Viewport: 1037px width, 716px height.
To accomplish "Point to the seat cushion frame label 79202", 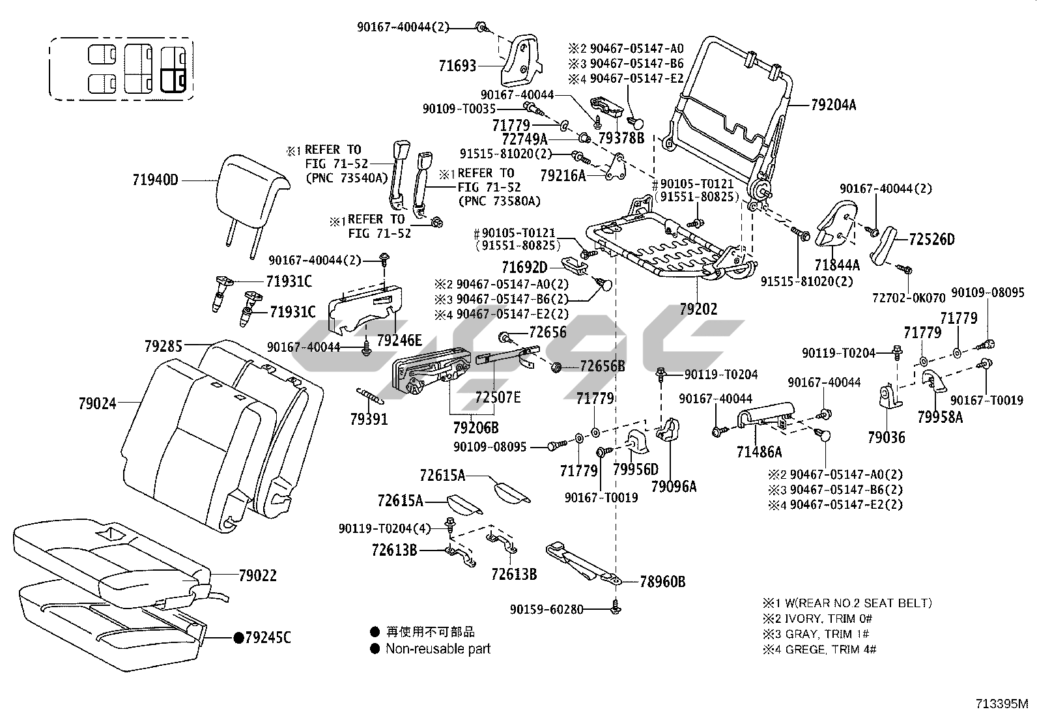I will coord(698,309).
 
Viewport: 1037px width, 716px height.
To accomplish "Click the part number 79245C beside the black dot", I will coord(268,637).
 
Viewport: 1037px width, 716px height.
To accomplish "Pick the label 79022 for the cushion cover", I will coord(257,576).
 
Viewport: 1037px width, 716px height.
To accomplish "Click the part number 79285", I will coord(163,346).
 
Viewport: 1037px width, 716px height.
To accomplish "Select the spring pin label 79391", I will coord(369,420).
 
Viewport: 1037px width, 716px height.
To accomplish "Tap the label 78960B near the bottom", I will coord(662,582).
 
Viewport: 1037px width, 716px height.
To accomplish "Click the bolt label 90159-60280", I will coord(547,609).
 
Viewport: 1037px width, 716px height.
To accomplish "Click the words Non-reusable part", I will coord(438,649).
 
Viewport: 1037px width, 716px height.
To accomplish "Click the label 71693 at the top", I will coord(457,66).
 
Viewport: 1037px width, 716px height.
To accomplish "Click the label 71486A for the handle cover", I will coord(760,451).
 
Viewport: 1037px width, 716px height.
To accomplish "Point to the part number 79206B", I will coord(476,427).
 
